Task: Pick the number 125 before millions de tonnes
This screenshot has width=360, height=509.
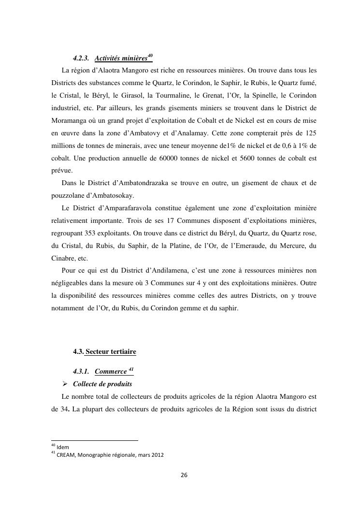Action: coord(310,133)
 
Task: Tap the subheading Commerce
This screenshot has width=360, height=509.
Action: coord(110,372)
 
